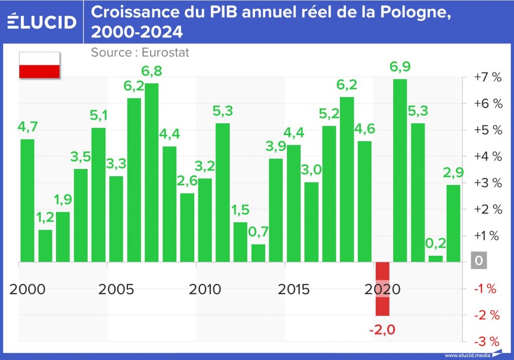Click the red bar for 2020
(x=382, y=289)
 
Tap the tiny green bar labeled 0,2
(x=435, y=259)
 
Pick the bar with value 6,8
(x=152, y=173)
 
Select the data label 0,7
(x=259, y=232)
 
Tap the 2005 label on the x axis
(x=116, y=289)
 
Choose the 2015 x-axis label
(x=294, y=289)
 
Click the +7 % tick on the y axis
(x=487, y=77)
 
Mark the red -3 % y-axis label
(x=486, y=342)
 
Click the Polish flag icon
(x=40, y=65)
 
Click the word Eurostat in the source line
(x=166, y=52)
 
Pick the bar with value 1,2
(x=46, y=245)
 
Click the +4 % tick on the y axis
(x=487, y=156)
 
